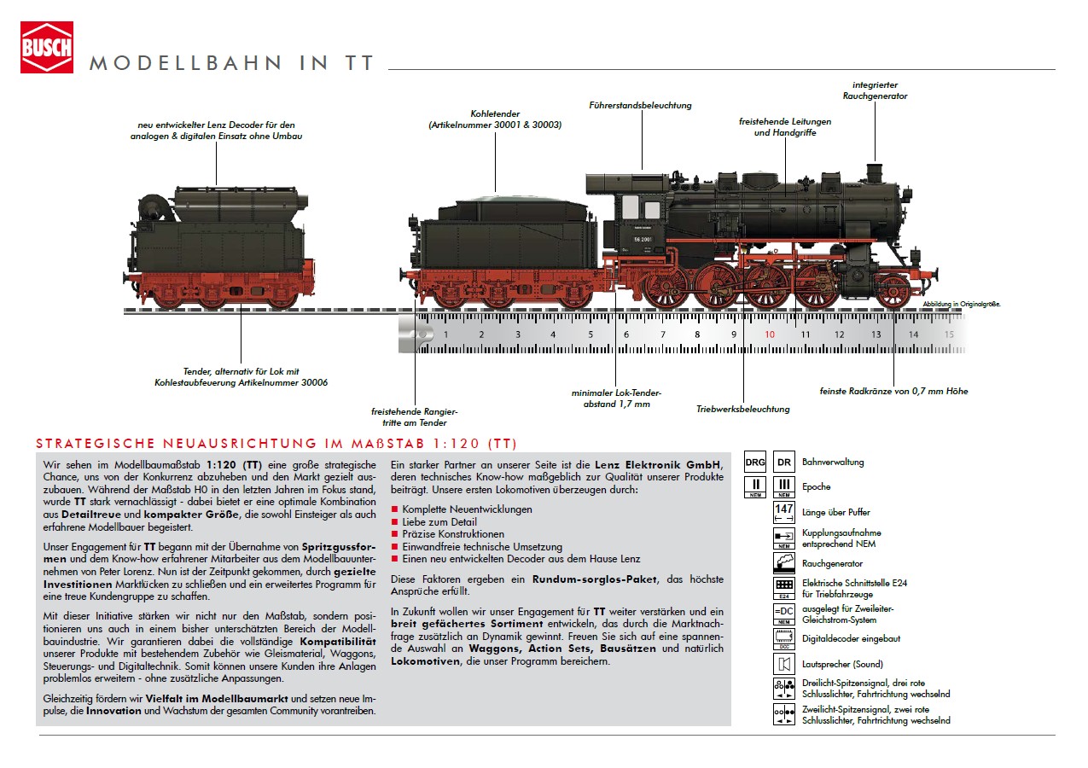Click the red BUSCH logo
[47, 47]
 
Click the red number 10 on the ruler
[769, 335]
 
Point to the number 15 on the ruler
[948, 335]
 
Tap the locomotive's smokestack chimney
[873, 173]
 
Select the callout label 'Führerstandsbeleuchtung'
[640, 106]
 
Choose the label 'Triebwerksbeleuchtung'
[742, 410]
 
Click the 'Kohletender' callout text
[495, 119]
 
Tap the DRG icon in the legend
[755, 463]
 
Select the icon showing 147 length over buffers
[783, 512]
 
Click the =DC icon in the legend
[783, 614]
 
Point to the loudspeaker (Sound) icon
[783, 664]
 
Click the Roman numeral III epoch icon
[783, 487]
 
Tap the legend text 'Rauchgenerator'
[832, 564]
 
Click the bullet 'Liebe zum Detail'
[439, 522]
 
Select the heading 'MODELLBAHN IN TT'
[232, 64]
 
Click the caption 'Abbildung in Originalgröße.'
[961, 304]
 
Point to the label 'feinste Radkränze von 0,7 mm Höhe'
[894, 392]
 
